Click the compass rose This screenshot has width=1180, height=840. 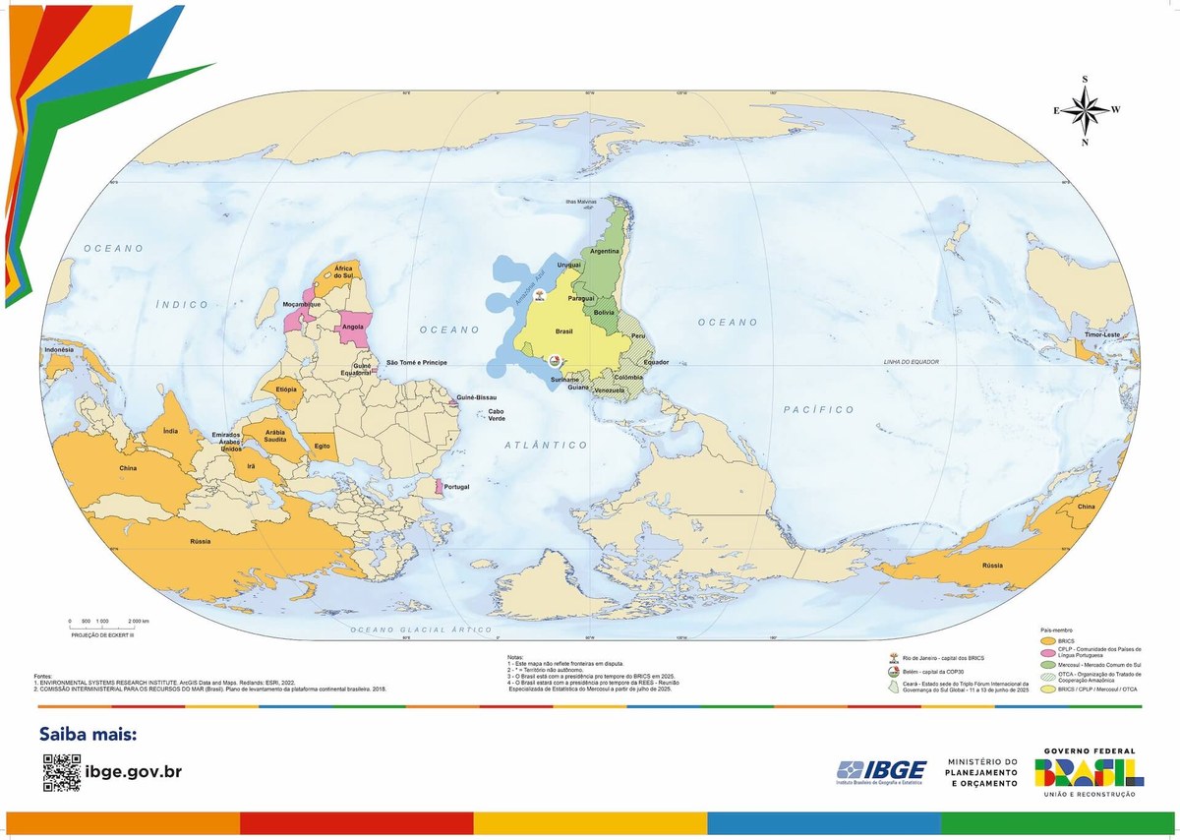coord(1086,110)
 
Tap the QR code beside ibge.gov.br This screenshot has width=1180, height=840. coord(61,772)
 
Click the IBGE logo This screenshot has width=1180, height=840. coord(880,772)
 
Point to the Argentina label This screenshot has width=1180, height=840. coord(605,251)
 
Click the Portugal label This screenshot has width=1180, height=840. coord(456,487)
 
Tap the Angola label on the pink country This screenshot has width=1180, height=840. coord(353,328)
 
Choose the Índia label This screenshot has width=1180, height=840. coord(170,430)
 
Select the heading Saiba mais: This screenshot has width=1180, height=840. coord(88,734)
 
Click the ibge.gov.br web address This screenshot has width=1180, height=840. coord(134,772)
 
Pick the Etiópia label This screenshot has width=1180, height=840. coord(287,390)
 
